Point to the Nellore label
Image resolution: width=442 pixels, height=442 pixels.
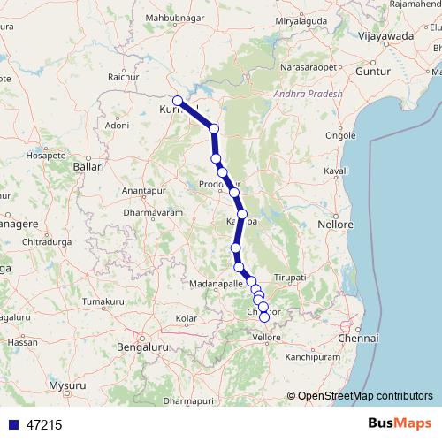[x=336, y=225]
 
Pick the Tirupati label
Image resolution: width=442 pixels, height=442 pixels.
[x=290, y=278]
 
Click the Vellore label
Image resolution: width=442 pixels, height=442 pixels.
[x=266, y=338]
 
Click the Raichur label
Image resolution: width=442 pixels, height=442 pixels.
[x=124, y=78]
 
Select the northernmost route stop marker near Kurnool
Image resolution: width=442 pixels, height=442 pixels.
[x=178, y=101]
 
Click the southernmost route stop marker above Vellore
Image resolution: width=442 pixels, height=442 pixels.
[x=263, y=316]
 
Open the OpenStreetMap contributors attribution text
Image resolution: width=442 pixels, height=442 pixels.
[x=365, y=396]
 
